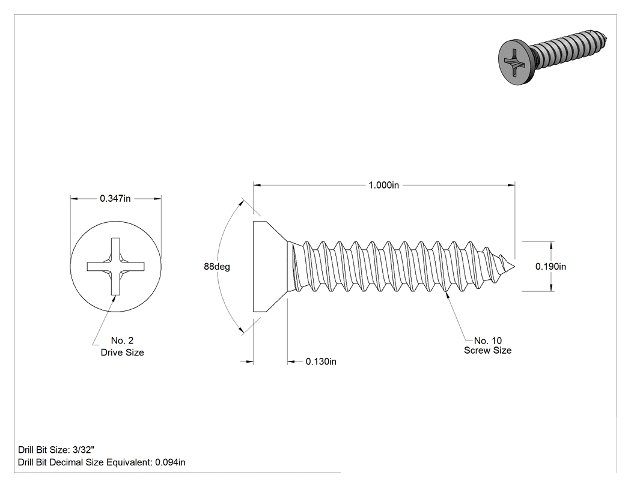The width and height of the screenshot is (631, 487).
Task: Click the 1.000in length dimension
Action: point(383,185)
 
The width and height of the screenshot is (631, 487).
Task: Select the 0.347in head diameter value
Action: point(115,198)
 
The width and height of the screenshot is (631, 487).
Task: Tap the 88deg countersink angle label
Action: point(217,267)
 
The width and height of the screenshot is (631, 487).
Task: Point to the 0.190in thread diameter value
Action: point(550,266)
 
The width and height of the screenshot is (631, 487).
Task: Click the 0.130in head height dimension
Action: point(321,361)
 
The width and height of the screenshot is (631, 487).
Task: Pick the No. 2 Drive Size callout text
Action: point(123,346)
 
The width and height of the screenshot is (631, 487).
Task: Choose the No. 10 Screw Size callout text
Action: point(488,345)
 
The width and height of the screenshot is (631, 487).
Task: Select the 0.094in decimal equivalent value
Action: point(170,462)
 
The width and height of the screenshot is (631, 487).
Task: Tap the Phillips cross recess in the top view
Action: point(116,266)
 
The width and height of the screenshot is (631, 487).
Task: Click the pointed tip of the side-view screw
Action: point(514,267)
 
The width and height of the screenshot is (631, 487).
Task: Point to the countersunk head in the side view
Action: point(270,266)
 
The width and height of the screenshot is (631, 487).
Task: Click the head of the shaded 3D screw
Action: point(514,62)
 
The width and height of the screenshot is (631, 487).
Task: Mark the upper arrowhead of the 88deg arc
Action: point(242,202)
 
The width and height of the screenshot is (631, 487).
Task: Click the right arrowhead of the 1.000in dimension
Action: point(511,185)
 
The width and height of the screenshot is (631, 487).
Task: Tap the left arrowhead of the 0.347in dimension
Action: point(74,198)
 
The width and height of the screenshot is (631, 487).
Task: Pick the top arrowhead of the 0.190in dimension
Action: point(551,246)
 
